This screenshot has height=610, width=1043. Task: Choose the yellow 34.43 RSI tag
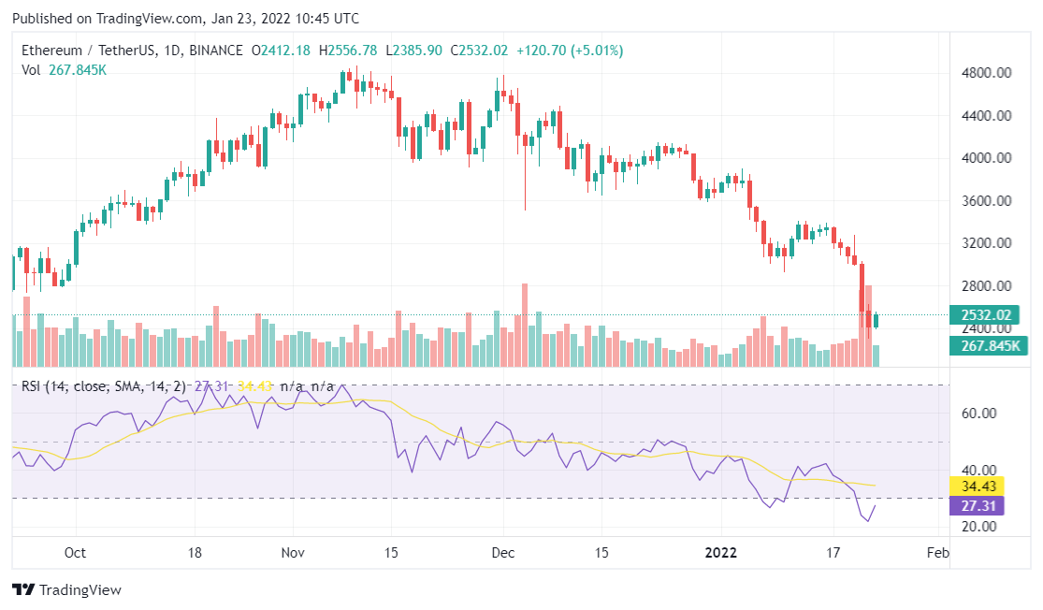coord(976,487)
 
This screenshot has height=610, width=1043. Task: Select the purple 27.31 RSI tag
coord(976,506)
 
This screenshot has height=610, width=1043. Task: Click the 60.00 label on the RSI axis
coord(979,414)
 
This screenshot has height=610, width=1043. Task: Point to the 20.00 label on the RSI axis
coord(979,527)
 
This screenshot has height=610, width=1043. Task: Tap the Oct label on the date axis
coord(75,552)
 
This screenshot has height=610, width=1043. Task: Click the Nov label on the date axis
coord(294,552)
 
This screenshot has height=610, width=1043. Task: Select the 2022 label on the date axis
coord(722,552)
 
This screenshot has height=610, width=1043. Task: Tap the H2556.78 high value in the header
coord(348,50)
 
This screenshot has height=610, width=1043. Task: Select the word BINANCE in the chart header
coord(214,50)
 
